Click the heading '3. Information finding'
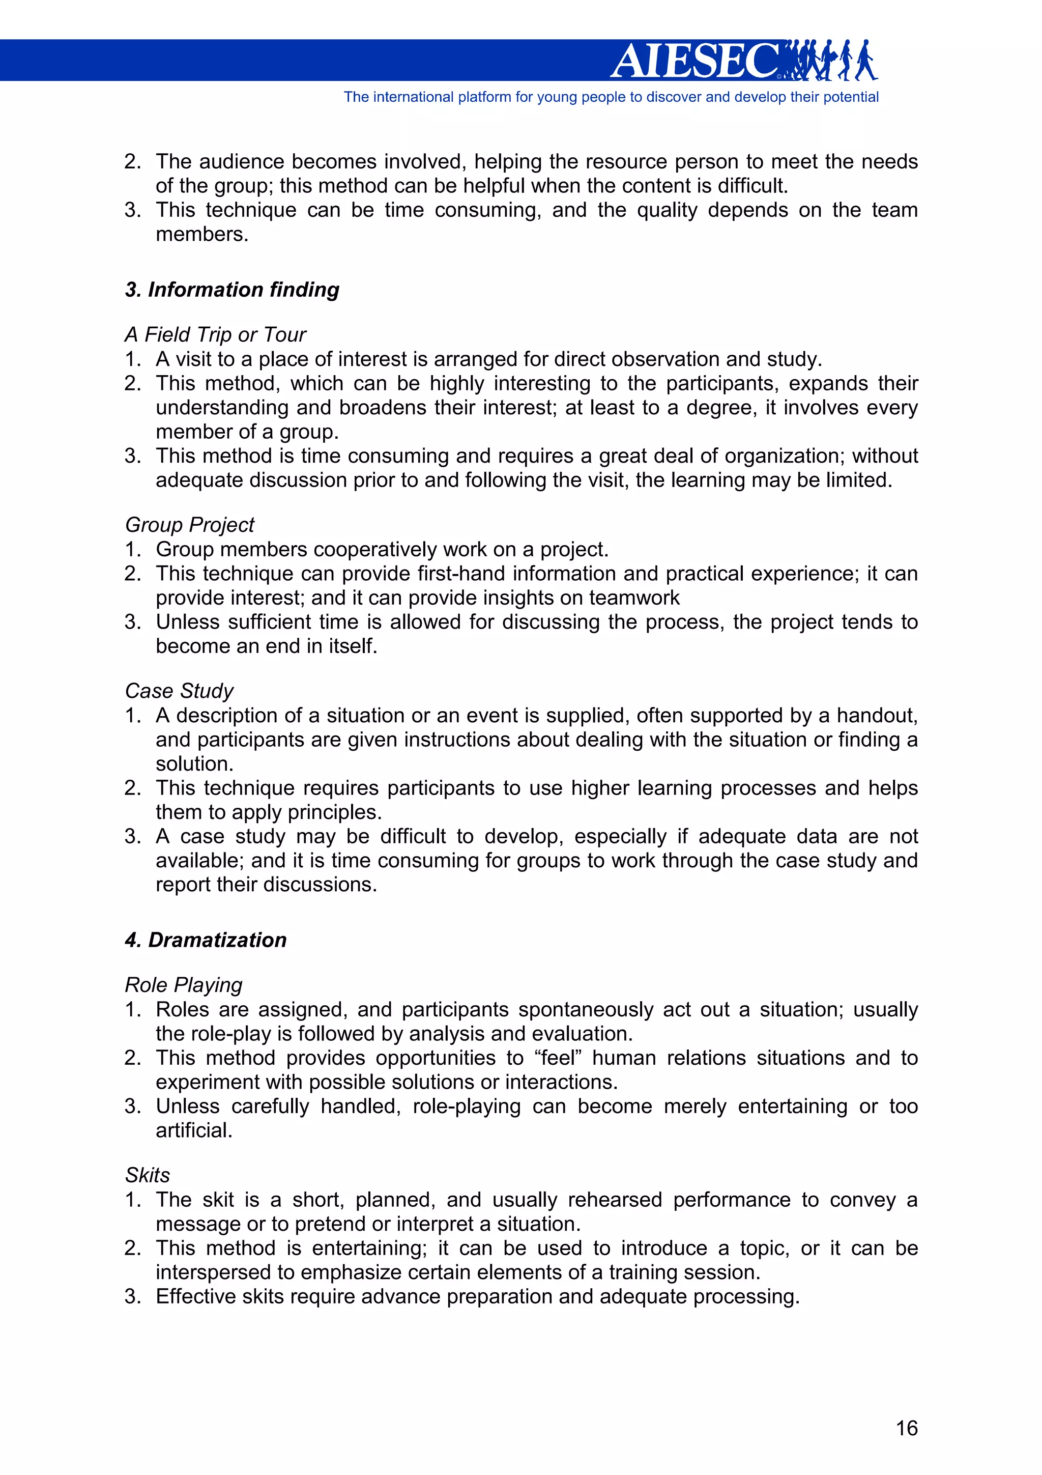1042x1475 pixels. (232, 290)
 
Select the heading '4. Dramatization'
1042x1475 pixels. (206, 940)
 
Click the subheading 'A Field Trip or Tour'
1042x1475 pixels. (215, 335)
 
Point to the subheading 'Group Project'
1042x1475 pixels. (189, 525)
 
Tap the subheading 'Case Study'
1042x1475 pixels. (179, 691)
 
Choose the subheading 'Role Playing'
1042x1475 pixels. (184, 985)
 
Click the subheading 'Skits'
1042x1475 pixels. (148, 1175)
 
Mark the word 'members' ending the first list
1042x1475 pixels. (201, 235)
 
